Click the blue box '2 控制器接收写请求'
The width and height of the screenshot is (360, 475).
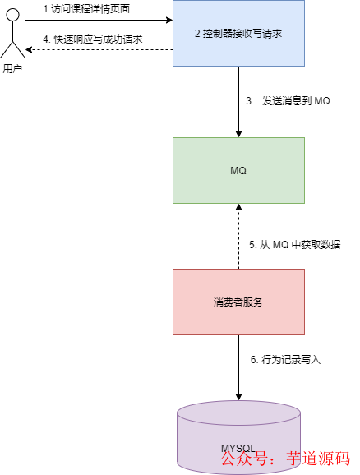[x=238, y=34]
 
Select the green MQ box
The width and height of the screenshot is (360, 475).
[x=238, y=170]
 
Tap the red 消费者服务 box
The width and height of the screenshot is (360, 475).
[x=238, y=302]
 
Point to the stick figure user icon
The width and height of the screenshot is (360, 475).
[x=12, y=38]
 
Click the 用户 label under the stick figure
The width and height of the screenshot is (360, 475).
[x=12, y=69]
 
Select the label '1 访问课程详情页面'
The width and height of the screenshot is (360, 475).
[x=86, y=7]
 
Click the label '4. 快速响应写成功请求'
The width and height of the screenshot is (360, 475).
[x=93, y=39]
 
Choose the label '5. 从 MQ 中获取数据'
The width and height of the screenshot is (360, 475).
[x=294, y=245]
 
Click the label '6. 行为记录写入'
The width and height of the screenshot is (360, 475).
[x=284, y=360]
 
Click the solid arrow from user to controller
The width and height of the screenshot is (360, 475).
[x=99, y=20]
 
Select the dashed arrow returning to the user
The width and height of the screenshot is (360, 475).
[x=99, y=50]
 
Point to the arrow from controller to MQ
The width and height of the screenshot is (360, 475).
[x=238, y=103]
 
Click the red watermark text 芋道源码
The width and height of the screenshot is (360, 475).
[x=317, y=459]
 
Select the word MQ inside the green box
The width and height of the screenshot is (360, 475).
[x=238, y=170]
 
